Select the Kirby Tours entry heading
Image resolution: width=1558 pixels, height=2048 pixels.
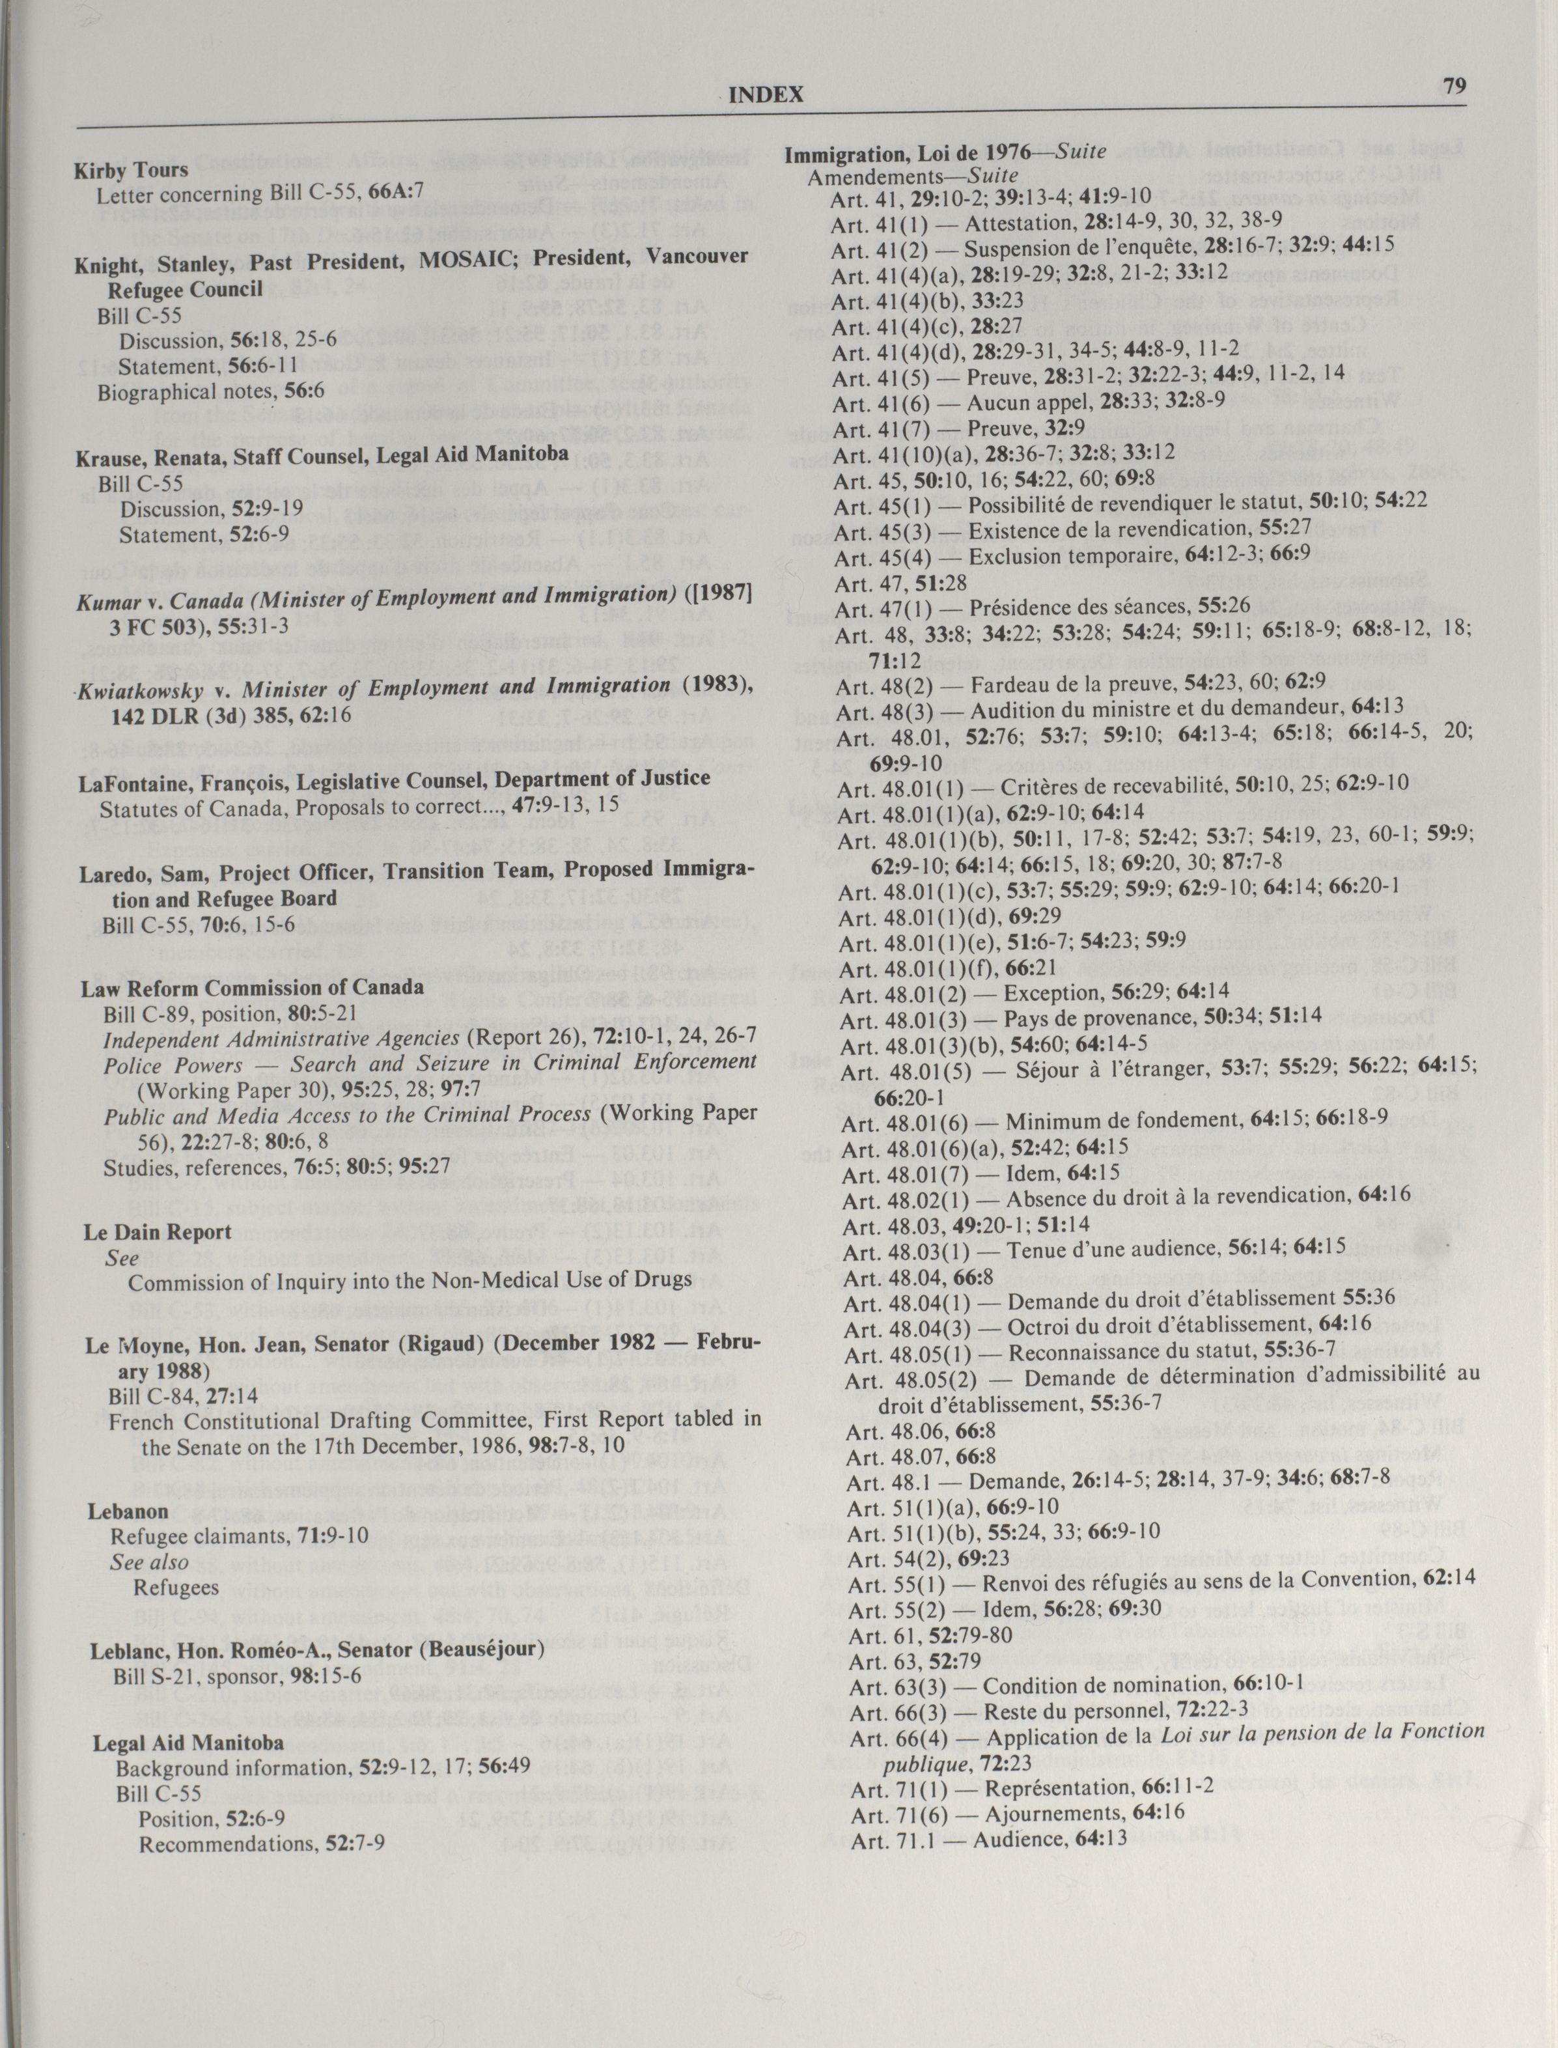(131, 170)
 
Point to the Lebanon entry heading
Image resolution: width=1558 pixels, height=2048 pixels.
(128, 1511)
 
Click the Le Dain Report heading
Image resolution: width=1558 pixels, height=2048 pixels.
(158, 1232)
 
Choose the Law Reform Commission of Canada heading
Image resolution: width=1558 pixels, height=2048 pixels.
(252, 987)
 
